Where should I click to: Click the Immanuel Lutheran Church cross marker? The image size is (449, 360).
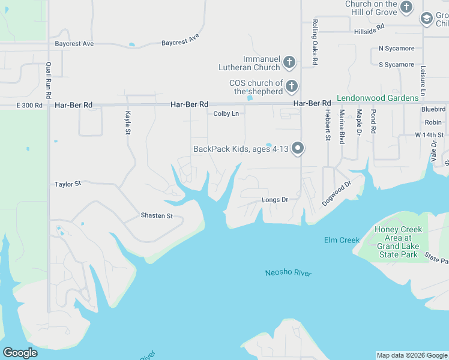[x=289, y=62]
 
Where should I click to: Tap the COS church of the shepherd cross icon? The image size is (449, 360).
[x=292, y=86]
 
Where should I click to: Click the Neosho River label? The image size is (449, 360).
[x=288, y=273]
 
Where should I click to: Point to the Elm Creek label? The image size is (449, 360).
[x=342, y=240]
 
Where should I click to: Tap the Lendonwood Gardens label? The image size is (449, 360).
[x=378, y=98]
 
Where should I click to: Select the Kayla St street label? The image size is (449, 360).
[x=127, y=122]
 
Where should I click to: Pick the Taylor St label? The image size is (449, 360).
[x=67, y=184]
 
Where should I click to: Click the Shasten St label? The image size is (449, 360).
[x=157, y=215]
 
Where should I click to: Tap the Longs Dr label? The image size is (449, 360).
[x=275, y=200]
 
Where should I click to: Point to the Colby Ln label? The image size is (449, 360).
[x=226, y=113]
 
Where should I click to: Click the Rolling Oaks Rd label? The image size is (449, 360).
[x=315, y=42]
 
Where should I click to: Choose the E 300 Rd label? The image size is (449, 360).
[x=29, y=105]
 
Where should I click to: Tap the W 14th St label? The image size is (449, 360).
[x=429, y=135]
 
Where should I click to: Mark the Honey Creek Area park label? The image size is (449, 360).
[x=398, y=242]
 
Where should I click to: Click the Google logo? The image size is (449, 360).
[x=20, y=353]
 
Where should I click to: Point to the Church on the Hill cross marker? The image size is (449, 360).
[x=406, y=8]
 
